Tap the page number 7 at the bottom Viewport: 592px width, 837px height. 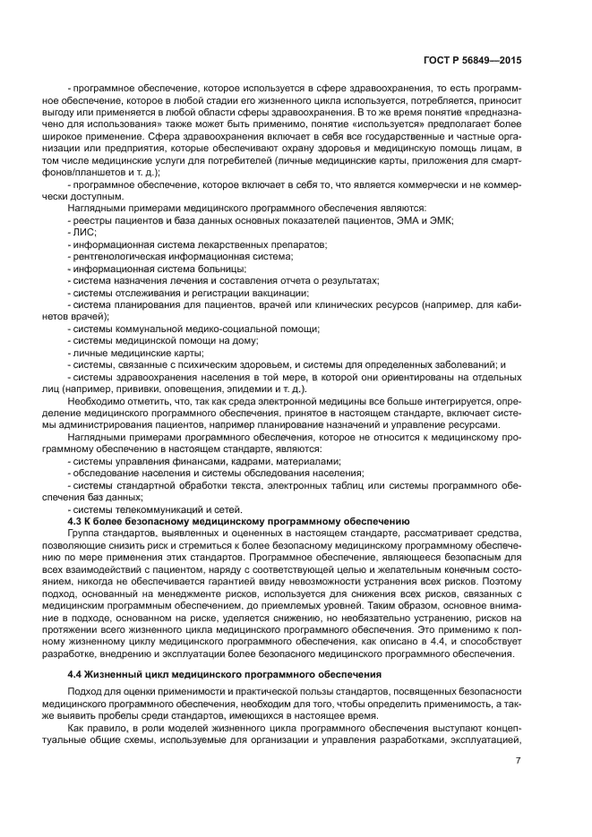[x=518, y=761]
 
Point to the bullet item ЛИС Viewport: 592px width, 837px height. [x=84, y=231]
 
